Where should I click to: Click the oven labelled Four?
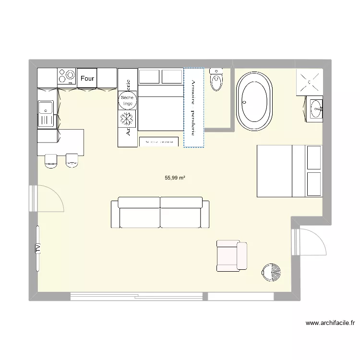[x=87, y=78]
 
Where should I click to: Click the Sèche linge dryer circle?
[x=127, y=100]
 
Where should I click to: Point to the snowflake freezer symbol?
[x=127, y=118]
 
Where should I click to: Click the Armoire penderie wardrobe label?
[x=193, y=108]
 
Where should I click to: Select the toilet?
[x=216, y=80]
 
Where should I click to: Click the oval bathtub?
[x=254, y=101]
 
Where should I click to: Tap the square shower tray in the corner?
[x=310, y=82]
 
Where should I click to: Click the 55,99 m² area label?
[x=175, y=178]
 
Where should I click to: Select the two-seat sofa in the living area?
[x=160, y=213]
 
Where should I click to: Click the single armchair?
[x=232, y=255]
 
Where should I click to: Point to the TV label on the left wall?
[x=37, y=248]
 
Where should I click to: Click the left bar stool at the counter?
[x=51, y=161]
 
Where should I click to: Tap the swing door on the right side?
[x=311, y=244]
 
